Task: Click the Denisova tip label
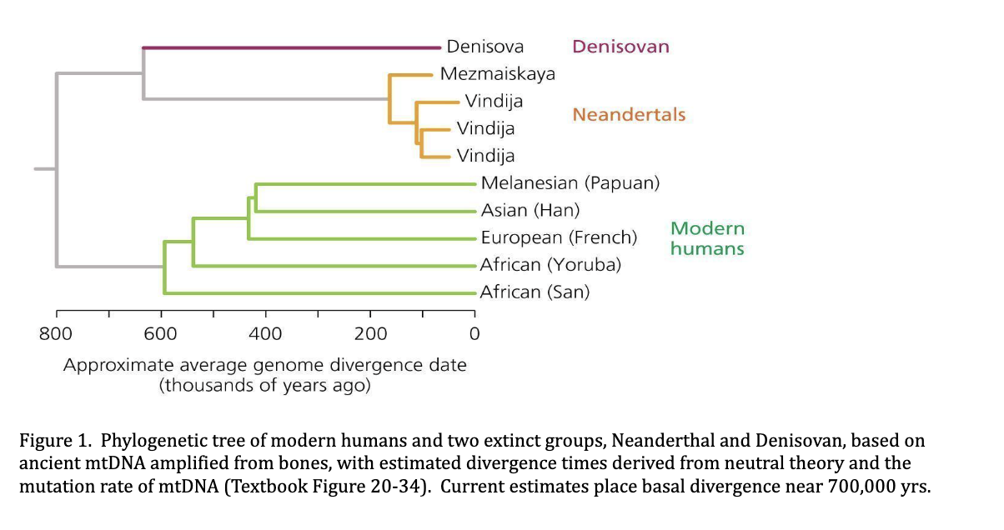484,47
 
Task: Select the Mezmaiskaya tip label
497,73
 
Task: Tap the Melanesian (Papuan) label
570,183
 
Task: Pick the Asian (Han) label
530,210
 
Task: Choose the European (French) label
559,237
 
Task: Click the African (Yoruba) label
550,265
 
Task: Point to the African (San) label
535,292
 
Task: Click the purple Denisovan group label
620,47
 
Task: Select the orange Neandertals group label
629,114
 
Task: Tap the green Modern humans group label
707,238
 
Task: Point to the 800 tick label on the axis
56,334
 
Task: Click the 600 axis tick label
160,334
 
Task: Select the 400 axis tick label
265,334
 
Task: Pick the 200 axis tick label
370,334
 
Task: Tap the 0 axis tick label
474,334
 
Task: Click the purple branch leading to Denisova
292,47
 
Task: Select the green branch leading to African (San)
317,293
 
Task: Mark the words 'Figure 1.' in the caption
52,441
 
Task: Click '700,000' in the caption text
860,486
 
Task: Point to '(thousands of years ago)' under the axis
265,386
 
